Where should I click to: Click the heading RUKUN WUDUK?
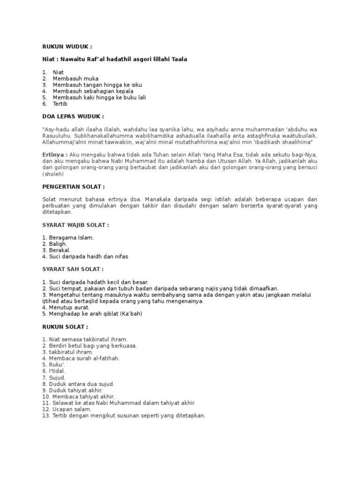[x=67, y=47]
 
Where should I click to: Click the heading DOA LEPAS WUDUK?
[x=73, y=116]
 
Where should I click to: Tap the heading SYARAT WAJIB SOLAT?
[x=75, y=225]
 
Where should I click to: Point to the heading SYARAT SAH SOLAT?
[x=73, y=269]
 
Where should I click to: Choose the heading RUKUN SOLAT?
[x=65, y=327]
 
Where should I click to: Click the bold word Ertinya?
[x=55, y=154]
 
